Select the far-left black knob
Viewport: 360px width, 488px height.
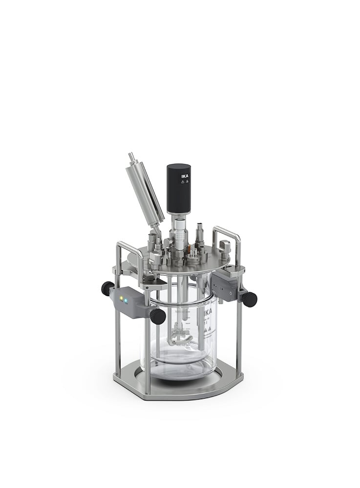(x=107, y=288)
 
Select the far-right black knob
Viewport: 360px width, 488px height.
(x=249, y=299)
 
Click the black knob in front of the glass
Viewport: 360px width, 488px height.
(x=157, y=316)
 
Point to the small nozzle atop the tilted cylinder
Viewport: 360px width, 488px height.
(x=131, y=157)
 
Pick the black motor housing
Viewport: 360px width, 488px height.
(x=179, y=188)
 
